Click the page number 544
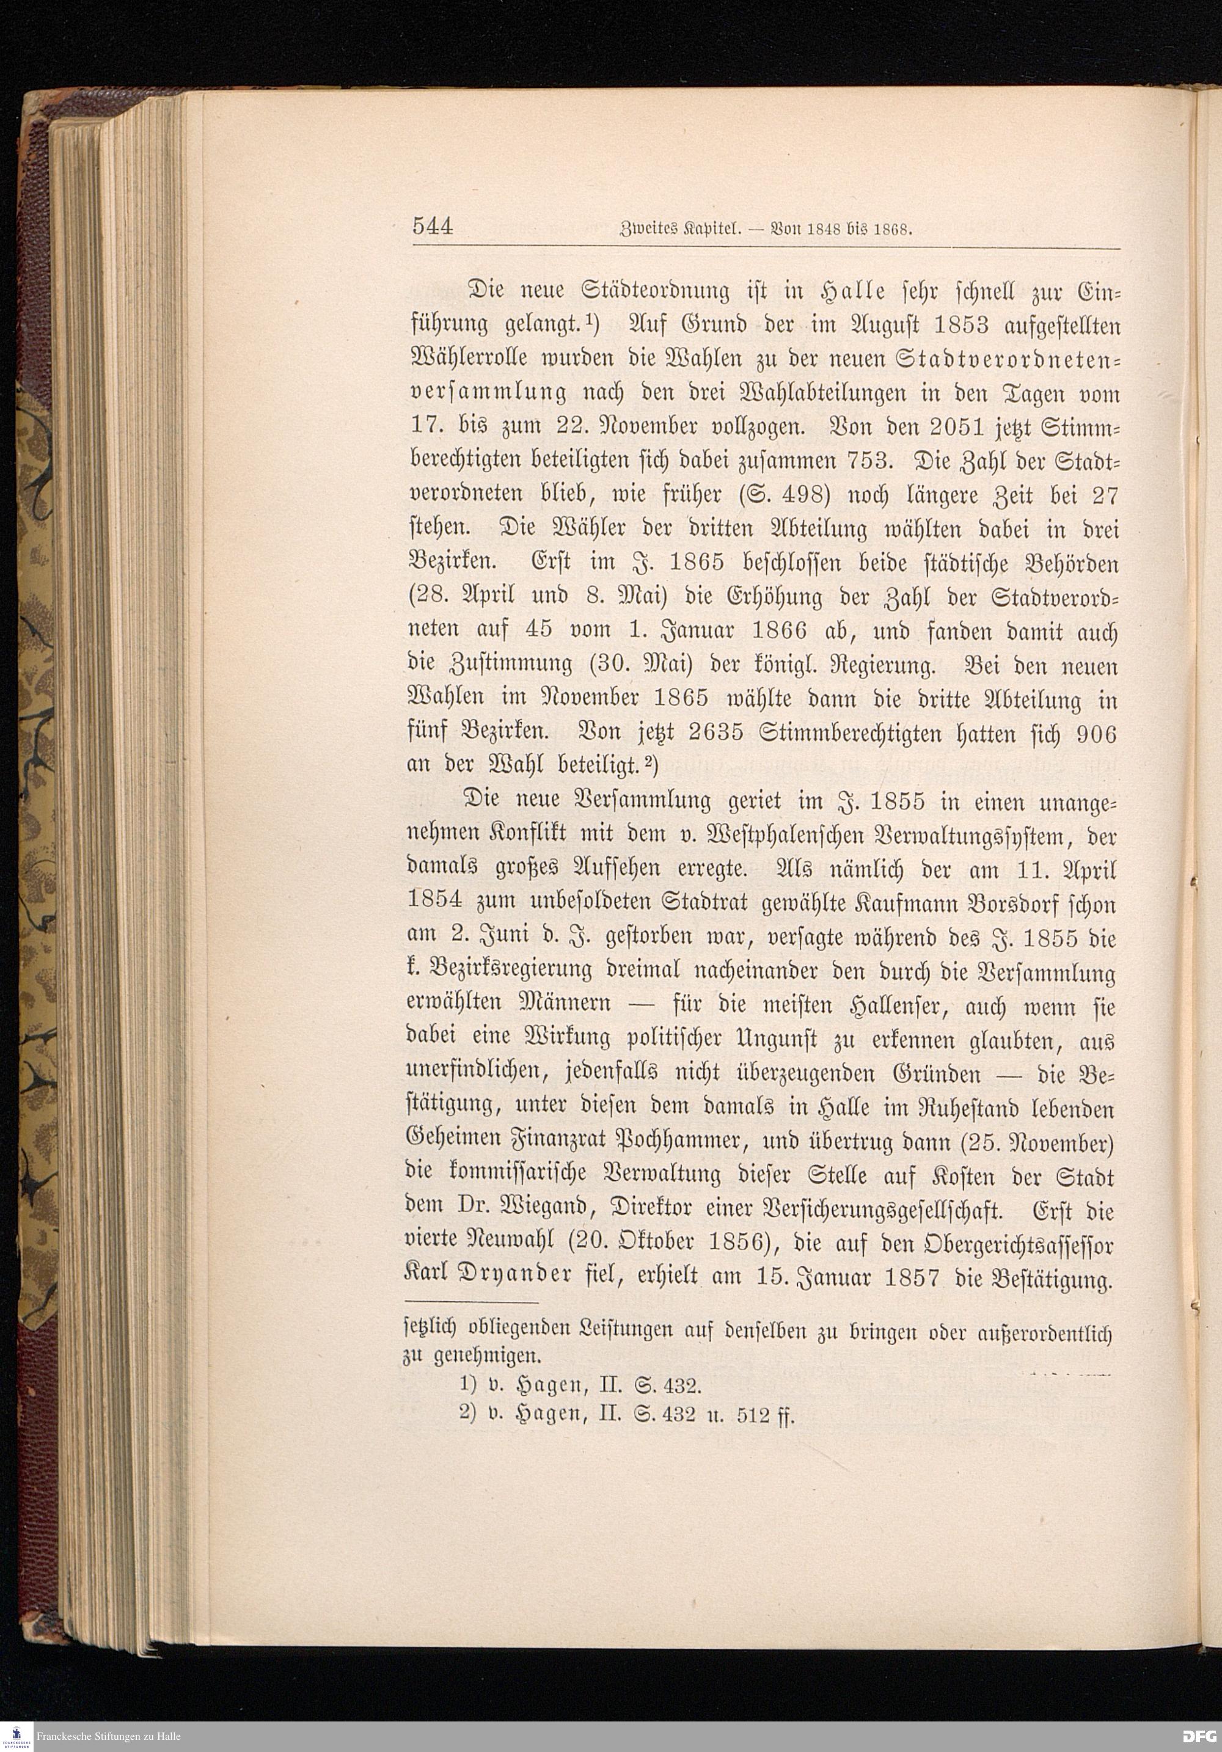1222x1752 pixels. coord(433,227)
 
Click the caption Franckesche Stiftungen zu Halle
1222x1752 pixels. coord(108,1737)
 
